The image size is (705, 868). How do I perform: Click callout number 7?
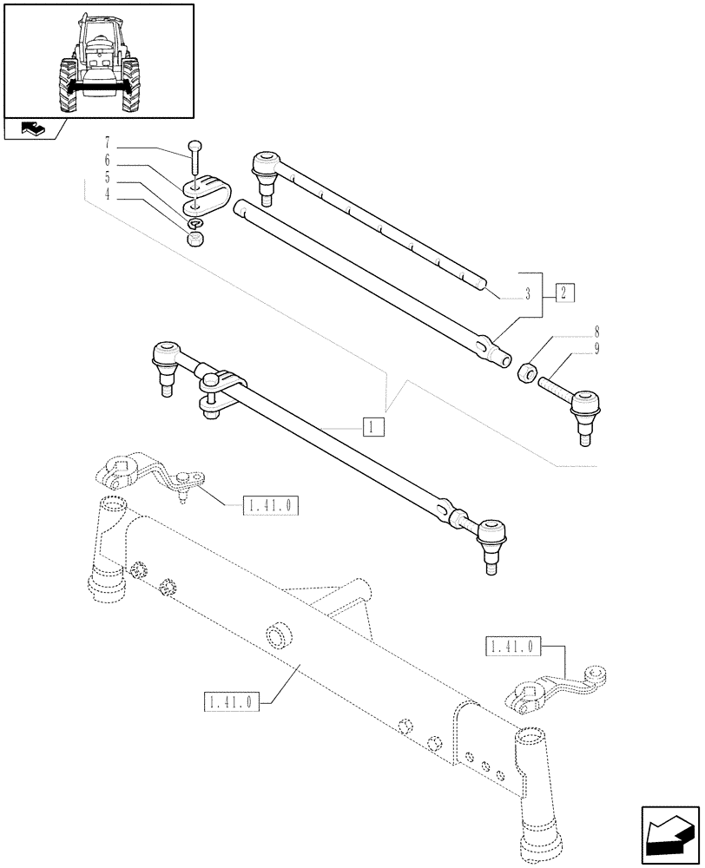pyautogui.click(x=107, y=141)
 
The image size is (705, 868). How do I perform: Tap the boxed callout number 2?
pyautogui.click(x=563, y=292)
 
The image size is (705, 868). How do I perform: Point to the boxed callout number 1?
pyautogui.click(x=372, y=426)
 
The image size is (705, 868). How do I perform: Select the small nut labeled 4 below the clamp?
pyautogui.click(x=195, y=238)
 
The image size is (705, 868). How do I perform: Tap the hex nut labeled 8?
pyautogui.click(x=526, y=373)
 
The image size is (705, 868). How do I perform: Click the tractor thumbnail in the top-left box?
pyautogui.click(x=97, y=61)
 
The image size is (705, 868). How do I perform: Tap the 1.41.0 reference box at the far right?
pyautogui.click(x=513, y=646)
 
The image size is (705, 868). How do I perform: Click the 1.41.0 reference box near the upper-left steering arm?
pyautogui.click(x=270, y=504)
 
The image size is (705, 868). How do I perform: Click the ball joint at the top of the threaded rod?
pyautogui.click(x=266, y=163)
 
